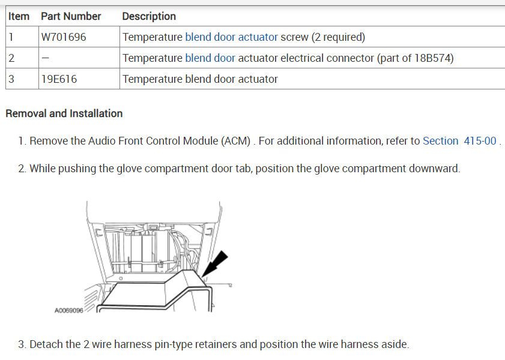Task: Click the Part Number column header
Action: click(71, 16)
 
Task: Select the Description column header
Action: click(149, 16)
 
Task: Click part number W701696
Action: click(64, 37)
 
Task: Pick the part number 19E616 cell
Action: click(59, 79)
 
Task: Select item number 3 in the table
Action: click(11, 79)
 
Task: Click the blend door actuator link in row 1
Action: click(231, 37)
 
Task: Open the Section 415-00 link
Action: click(459, 141)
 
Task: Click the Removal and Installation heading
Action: click(64, 113)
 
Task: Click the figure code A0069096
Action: click(68, 311)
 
